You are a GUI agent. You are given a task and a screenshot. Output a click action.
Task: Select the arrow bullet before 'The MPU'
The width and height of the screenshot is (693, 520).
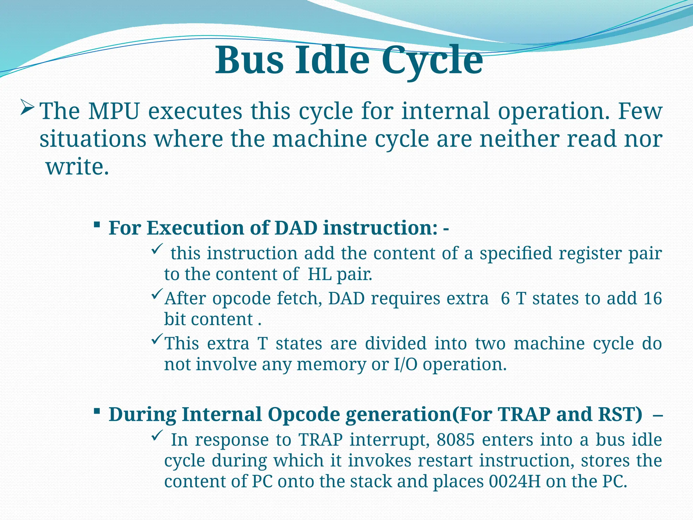point(27,107)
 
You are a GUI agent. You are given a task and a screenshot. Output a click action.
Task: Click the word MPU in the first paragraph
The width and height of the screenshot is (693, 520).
point(114,111)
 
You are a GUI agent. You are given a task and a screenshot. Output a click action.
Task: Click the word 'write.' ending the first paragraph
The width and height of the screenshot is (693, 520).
point(77,167)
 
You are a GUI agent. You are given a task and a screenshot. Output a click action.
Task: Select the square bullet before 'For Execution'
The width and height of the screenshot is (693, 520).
point(97,224)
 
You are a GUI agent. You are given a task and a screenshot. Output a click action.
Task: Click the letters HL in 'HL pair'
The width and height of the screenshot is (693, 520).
point(320,274)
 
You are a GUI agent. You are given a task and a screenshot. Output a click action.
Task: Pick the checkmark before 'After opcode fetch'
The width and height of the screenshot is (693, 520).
point(157,295)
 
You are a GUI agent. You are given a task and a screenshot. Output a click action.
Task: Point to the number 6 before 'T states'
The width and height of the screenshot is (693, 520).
point(505,299)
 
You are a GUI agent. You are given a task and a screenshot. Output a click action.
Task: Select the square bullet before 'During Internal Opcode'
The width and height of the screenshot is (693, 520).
point(97,411)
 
